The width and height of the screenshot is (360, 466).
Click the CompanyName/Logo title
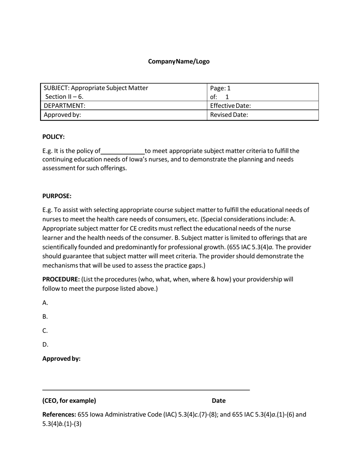178,61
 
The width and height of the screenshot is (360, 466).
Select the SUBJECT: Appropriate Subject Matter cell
96,88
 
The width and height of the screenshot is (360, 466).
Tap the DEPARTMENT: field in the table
64,106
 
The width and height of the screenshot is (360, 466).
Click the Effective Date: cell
230,106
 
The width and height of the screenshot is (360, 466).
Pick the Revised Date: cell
229,115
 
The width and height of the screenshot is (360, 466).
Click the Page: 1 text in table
220,88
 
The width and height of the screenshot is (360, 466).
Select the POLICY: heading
53,137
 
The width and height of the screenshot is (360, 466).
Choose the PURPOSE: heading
57,196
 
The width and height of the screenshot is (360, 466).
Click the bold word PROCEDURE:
61,279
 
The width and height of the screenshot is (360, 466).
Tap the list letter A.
45,303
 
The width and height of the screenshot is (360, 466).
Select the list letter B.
45,317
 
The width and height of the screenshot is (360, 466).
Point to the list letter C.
45,331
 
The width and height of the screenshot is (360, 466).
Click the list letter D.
45,345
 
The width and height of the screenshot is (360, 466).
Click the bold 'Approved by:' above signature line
61,359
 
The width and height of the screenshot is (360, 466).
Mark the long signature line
146,389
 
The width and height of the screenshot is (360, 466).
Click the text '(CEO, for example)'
69,400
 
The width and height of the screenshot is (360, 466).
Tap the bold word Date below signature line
219,400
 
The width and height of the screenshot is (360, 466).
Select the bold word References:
59,414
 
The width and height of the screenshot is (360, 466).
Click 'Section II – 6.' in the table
64,97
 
